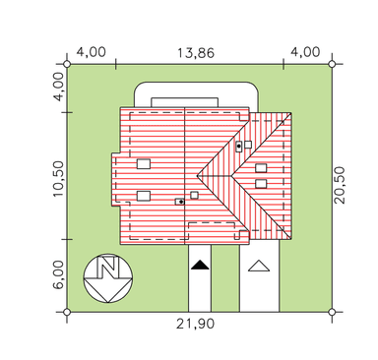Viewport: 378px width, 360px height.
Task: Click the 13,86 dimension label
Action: [196, 53]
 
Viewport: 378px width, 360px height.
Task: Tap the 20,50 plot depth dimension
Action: [341, 185]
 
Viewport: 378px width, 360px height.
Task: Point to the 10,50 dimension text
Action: [58, 179]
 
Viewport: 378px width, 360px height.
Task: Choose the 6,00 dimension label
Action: [58, 274]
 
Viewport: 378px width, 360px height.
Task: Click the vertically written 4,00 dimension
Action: [59, 87]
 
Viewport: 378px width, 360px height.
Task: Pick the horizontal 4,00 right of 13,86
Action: [305, 52]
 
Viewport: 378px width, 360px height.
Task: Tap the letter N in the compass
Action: [108, 267]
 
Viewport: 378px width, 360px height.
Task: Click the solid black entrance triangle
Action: [200, 265]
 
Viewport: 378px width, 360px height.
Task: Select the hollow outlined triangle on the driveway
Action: [259, 266]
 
